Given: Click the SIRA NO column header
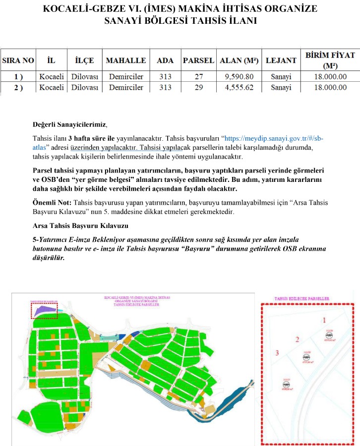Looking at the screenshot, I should click(18, 60).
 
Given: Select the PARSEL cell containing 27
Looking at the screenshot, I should click(199, 76).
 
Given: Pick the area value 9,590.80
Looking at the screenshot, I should click(239, 76).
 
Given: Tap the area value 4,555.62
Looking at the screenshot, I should click(239, 87).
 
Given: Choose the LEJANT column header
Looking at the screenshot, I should click(281, 60).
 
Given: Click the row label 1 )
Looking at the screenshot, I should click(18, 76).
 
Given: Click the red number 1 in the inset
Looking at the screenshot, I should click(324, 320).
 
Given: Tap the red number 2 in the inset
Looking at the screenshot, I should click(297, 339).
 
